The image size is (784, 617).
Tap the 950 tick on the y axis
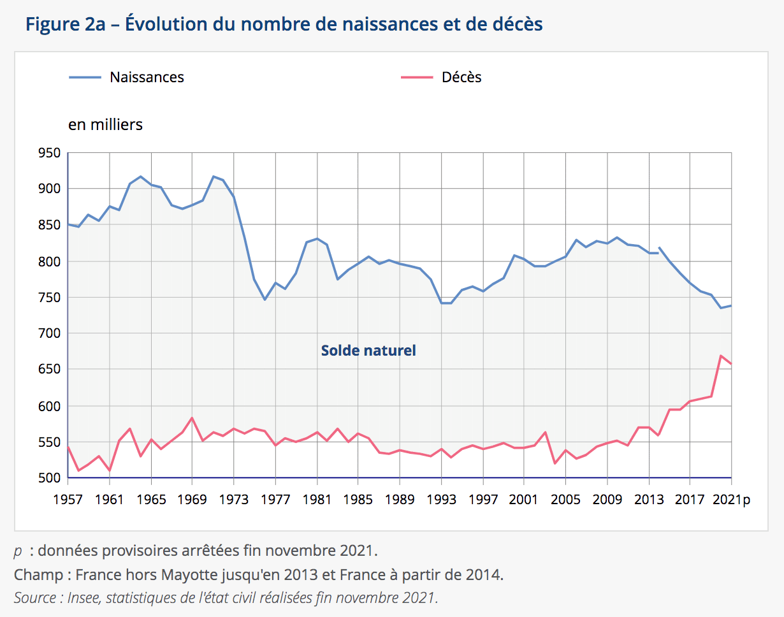point(50,153)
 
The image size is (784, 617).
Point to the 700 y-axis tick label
point(50,333)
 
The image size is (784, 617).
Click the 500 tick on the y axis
point(50,478)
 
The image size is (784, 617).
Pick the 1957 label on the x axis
point(68,500)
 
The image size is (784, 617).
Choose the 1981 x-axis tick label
point(317,500)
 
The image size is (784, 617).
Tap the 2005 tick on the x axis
point(565,500)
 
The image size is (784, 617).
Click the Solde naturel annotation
point(368,351)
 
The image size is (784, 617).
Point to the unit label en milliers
point(105,124)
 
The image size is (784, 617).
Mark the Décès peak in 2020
point(721,356)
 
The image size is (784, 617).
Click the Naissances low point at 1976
point(265,300)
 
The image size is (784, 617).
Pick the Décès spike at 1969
point(192,418)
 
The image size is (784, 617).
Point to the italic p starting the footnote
point(18,550)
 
